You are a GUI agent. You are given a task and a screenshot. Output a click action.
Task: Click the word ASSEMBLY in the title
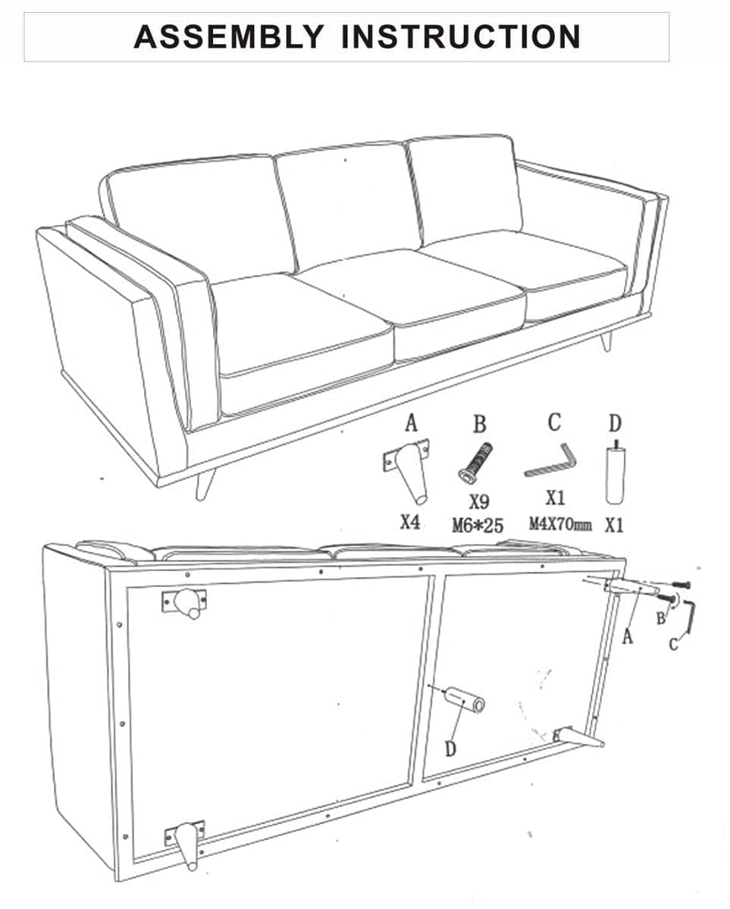[x=229, y=37]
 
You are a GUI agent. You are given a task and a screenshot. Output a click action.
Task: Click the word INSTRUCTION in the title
[x=461, y=37]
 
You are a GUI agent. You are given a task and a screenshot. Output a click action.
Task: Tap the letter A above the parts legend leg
[x=411, y=423]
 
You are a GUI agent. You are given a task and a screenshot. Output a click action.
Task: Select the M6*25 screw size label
[x=478, y=526]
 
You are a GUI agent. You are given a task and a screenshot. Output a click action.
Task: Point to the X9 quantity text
[x=479, y=501]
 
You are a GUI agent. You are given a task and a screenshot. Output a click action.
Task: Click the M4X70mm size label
[x=560, y=524]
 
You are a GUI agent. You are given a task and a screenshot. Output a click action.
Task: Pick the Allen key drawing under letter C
[x=550, y=461]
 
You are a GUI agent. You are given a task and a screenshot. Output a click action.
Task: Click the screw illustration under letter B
[x=475, y=462]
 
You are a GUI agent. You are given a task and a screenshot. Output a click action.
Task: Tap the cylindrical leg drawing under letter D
[x=616, y=473]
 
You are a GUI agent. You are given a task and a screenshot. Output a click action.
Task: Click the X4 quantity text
[x=410, y=523]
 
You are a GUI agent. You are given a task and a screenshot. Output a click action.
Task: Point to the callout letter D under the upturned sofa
[x=450, y=749]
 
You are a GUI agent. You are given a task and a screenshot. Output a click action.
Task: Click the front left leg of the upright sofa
[x=204, y=483]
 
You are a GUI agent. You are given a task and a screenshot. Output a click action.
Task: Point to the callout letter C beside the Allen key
[x=673, y=644]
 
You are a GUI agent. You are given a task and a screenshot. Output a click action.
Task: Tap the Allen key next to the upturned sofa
[x=688, y=617]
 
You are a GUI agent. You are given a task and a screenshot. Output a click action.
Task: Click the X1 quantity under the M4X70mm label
[x=555, y=499]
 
